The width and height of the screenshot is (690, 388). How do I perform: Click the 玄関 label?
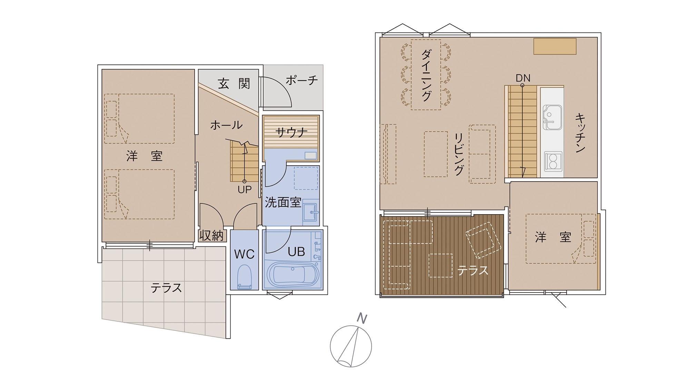coord(234,83)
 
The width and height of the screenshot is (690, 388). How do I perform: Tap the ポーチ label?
coord(302,80)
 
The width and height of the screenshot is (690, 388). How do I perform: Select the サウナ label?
coord(292,132)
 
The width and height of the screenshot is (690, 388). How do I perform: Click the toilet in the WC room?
coord(245,277)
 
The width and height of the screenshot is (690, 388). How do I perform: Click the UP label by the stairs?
coord(245,189)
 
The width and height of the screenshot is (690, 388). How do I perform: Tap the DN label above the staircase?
coord(523,78)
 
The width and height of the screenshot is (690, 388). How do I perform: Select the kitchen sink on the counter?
coord(552,117)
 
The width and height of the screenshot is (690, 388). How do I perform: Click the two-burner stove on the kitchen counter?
coord(553,161)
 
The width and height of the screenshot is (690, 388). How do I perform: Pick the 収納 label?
coord(211,236)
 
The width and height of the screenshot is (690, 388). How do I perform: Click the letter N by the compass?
coord(362,318)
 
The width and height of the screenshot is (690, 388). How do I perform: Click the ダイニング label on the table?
coord(426,75)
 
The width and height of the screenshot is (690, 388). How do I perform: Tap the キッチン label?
coord(580,133)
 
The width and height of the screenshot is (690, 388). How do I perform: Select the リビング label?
coord(459,154)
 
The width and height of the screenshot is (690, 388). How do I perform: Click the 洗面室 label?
coord(283,202)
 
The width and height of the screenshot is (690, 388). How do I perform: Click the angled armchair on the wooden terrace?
coord(483,240)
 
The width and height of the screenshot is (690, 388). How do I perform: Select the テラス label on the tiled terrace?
coord(166,288)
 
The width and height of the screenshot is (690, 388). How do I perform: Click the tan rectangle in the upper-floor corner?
coord(555,46)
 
